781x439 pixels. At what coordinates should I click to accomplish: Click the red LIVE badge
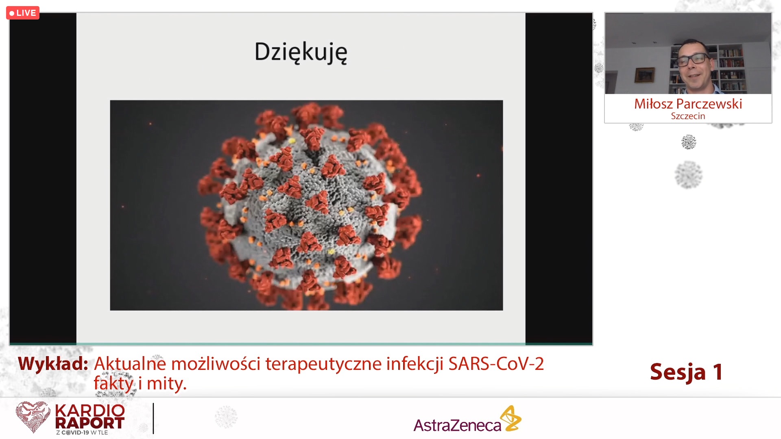click(23, 13)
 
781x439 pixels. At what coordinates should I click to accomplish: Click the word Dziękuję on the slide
click(301, 53)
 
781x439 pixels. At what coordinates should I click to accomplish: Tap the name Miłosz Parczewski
click(688, 104)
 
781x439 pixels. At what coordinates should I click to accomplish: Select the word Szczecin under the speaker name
click(688, 116)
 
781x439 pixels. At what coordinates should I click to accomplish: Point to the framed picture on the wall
click(645, 75)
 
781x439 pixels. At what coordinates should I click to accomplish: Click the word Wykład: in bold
click(53, 364)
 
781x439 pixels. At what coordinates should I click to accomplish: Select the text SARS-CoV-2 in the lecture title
click(496, 364)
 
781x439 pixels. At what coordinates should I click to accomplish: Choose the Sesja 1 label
click(686, 372)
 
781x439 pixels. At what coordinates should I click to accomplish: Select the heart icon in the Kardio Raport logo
click(33, 417)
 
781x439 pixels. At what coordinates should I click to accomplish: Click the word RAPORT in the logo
click(89, 423)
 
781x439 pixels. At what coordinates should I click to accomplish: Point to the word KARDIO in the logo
click(90, 411)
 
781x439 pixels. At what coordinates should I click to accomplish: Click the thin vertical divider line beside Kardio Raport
click(153, 419)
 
